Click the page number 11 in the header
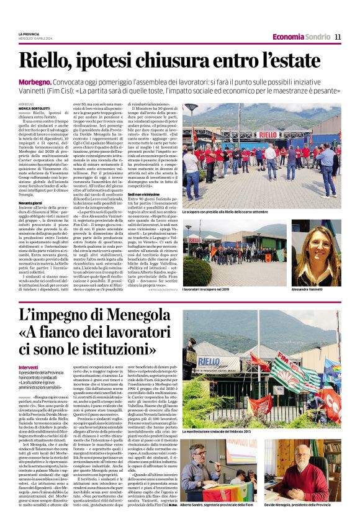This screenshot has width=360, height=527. (x=338, y=37)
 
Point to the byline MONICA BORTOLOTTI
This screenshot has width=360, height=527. (x=37, y=108)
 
